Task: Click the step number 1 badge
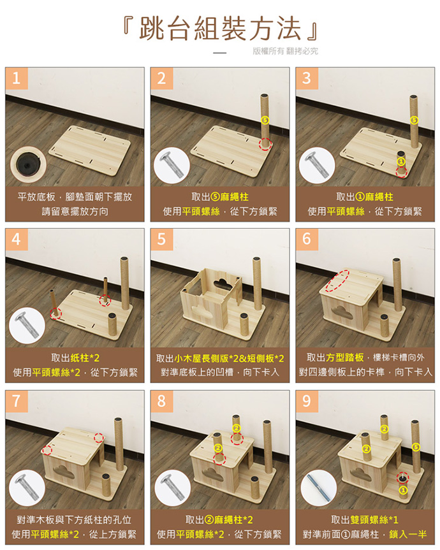pos(16,78)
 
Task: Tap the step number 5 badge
pos(161,240)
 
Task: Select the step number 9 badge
pos(307,402)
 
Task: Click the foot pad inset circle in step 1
pos(28,164)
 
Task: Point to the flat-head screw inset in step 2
pos(172,165)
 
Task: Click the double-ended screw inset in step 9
pos(319,488)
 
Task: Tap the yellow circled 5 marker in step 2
pos(265,120)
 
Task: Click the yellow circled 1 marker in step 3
pos(401,161)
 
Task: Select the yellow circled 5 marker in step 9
pos(416,447)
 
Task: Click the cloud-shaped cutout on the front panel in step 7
pos(64,473)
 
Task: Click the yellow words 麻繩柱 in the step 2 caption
pos(235,197)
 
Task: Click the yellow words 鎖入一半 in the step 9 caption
pos(407,534)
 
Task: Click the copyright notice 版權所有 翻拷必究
pos(285,51)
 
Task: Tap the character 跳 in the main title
pos(152,28)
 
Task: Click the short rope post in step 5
pos(244,324)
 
